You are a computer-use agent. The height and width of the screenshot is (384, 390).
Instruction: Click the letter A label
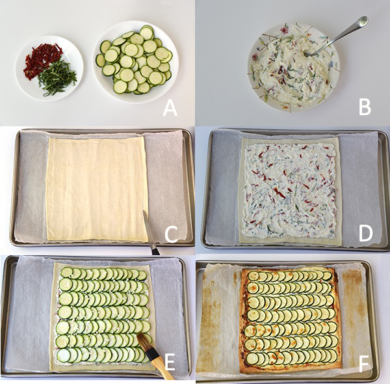click(170, 108)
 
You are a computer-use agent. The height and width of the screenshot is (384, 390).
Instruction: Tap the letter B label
click(365, 107)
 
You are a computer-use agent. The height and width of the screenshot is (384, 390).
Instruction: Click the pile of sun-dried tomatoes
click(43, 60)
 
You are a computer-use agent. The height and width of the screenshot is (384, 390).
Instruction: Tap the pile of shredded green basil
click(57, 78)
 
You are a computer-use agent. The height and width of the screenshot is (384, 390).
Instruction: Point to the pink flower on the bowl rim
click(284, 30)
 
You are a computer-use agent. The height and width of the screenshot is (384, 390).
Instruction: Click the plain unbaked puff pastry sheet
click(97, 189)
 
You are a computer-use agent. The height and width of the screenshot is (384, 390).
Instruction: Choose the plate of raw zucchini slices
click(135, 62)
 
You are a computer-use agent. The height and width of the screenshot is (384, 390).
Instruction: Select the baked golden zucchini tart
click(291, 321)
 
